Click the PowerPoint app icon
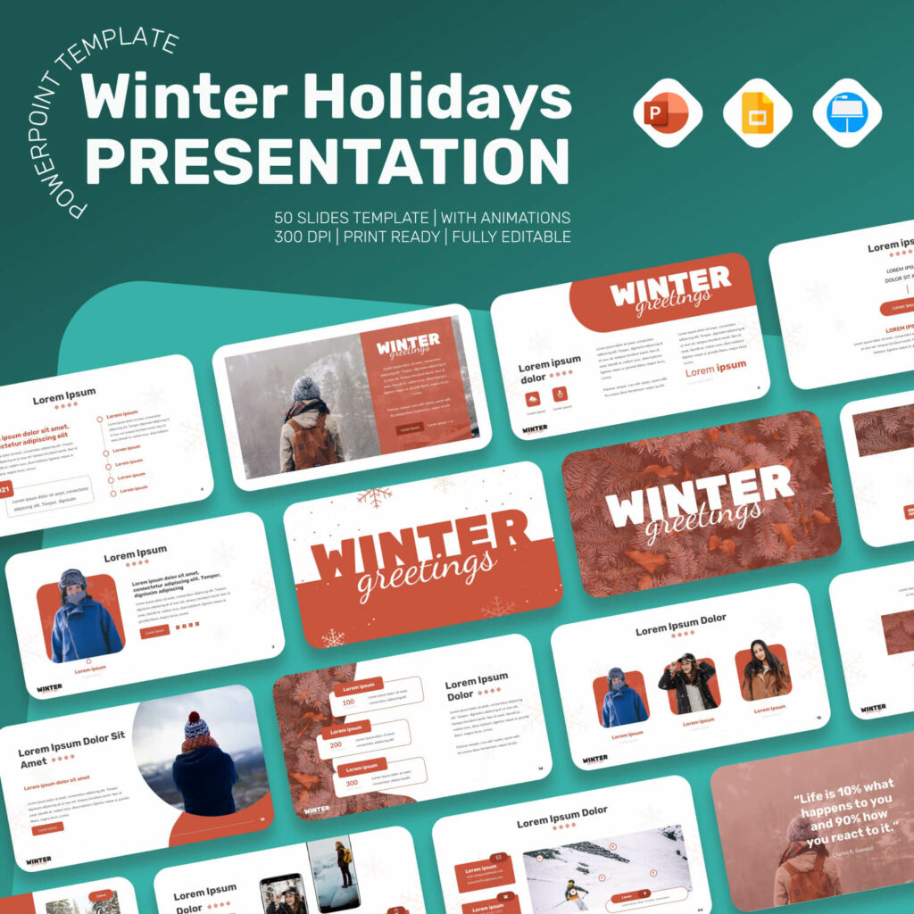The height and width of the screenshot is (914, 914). click(667, 113)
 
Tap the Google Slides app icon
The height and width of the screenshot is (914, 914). click(757, 113)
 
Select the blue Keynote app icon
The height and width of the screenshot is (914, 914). click(847, 113)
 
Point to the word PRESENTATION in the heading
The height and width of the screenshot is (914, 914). click(327, 161)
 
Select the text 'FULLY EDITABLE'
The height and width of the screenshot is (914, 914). click(511, 237)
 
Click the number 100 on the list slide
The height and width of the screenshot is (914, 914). click(348, 702)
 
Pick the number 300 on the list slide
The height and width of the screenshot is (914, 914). click(351, 783)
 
